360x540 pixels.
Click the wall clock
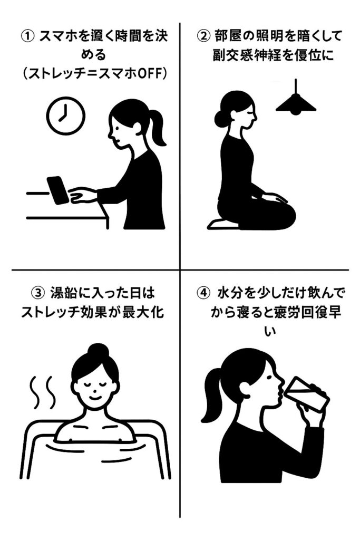pyautogui.click(x=66, y=115)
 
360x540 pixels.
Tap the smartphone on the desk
pyautogui.click(x=58, y=190)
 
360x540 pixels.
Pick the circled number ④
pyautogui.click(x=203, y=293)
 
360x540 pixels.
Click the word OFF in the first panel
pyautogui.click(x=149, y=74)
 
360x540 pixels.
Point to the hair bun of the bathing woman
pyautogui.click(x=99, y=352)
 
